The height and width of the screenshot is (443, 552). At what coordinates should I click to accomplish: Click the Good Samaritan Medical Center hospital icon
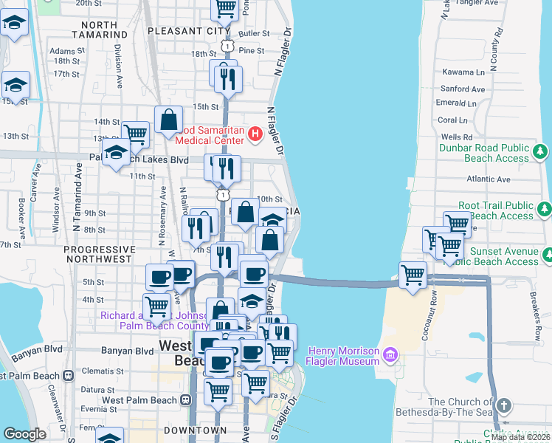[x=255, y=134]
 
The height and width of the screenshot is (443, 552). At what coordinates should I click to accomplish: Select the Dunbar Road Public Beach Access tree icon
[x=541, y=152]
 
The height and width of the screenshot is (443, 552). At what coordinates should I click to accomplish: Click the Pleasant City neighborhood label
[x=188, y=31]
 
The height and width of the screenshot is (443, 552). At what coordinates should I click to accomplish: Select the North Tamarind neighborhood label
[x=106, y=30]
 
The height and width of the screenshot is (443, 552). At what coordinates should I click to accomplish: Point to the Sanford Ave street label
[x=463, y=89]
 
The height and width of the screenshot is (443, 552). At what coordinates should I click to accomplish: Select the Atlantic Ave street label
[x=489, y=179]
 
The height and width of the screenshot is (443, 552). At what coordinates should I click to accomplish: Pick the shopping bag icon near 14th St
[x=169, y=120]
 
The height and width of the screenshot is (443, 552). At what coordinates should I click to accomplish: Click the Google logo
[x=24, y=434]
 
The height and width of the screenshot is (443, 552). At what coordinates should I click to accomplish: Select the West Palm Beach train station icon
[x=185, y=399]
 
